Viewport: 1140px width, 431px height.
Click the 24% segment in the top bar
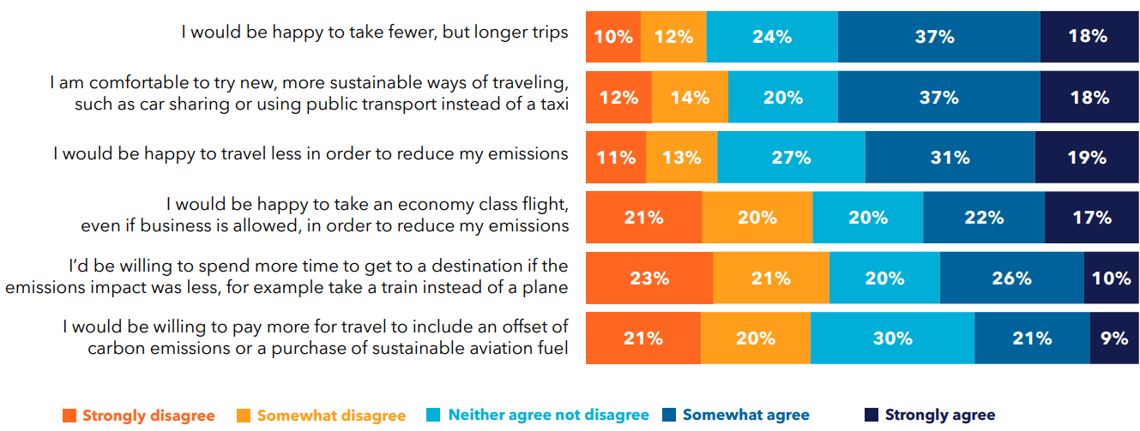pos(772,37)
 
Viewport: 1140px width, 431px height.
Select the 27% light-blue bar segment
pos(791,158)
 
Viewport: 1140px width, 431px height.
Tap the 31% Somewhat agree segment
pos(950,158)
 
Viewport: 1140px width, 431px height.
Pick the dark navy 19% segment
pos(1086,158)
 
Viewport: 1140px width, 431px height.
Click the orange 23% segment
pos(648,278)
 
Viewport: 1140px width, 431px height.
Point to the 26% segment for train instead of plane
pos(1011,278)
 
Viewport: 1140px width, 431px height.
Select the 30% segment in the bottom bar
pos(892,338)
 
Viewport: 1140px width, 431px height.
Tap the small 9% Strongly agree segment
pos(1113,338)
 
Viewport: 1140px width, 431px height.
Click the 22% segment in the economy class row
pos(984,218)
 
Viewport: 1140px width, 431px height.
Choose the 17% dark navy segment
pos(1091,218)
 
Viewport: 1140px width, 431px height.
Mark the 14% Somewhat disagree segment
pos(690,98)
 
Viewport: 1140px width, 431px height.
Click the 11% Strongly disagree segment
pos(616,158)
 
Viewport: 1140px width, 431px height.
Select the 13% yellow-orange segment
pos(681,158)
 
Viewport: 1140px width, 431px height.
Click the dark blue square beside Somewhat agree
pos(670,416)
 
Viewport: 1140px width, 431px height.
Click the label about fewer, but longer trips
pos(374,33)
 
